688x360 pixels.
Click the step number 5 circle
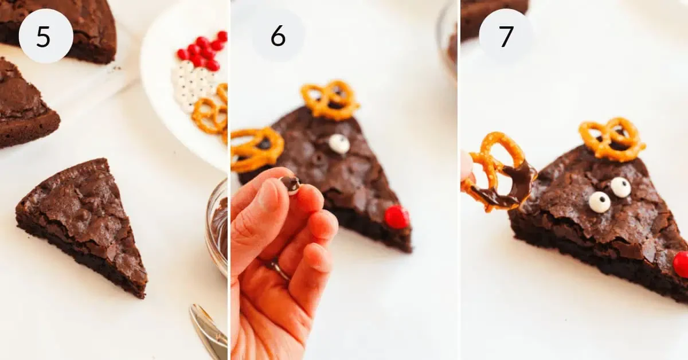[46, 36]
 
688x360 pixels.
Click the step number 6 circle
[278, 36]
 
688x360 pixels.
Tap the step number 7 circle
[506, 36]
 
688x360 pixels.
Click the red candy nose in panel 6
[396, 217]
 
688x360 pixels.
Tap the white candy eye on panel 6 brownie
[339, 143]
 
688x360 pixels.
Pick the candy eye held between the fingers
[291, 184]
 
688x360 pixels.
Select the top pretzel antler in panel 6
[330, 100]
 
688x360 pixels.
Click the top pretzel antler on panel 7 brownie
[611, 139]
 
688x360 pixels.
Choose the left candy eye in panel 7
[599, 202]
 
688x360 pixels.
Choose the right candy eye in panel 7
[620, 187]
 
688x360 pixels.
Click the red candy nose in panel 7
[681, 264]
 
